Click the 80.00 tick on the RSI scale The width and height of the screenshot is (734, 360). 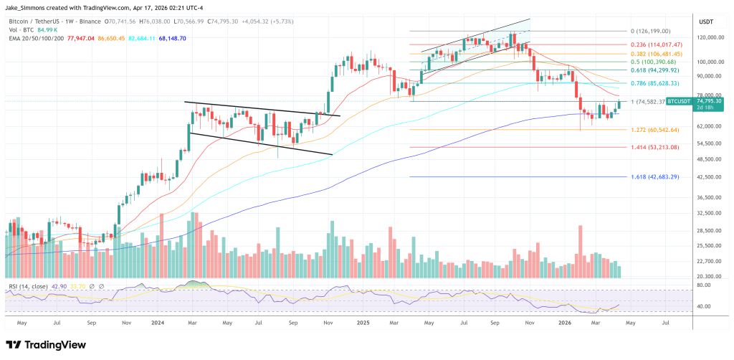click(x=703, y=285)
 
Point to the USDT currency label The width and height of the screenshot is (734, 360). click(x=706, y=22)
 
